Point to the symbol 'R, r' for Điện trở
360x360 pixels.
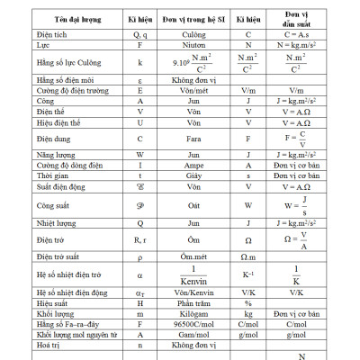[139, 239]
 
